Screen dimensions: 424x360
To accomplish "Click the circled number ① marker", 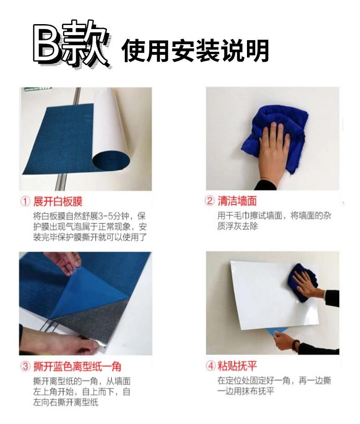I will point(26,201).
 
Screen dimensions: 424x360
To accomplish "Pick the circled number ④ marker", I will point(210,366).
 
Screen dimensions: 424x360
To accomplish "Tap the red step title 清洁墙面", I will point(237,201).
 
